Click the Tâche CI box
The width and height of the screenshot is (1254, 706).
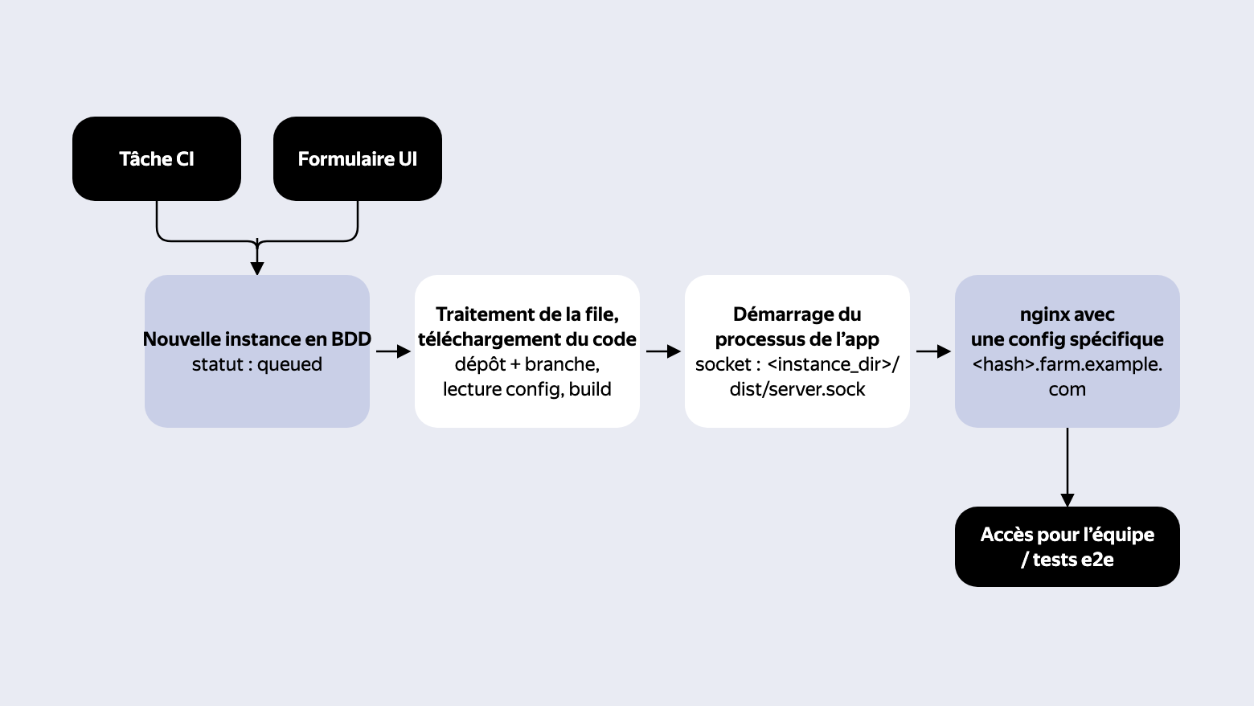click(x=157, y=158)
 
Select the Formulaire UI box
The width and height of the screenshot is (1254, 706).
click(x=358, y=158)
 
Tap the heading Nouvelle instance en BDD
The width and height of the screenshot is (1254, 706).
click(x=257, y=339)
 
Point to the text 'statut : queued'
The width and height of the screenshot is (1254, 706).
click(x=257, y=364)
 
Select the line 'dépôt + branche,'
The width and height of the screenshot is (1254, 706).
click(x=527, y=364)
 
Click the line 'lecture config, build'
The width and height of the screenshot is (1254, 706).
click(x=527, y=389)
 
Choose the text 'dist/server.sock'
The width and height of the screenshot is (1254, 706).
click(x=797, y=389)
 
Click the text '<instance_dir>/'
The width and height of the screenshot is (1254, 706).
click(x=833, y=364)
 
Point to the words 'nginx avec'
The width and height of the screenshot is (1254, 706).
click(x=1067, y=314)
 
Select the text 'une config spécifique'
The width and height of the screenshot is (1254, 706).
click(x=1067, y=339)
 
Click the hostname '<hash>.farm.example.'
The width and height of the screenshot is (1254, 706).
click(x=1067, y=364)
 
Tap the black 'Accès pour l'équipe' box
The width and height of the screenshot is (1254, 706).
click(x=1067, y=547)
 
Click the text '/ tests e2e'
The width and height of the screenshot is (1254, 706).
click(x=1067, y=560)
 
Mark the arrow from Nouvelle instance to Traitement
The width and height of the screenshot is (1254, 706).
click(x=394, y=351)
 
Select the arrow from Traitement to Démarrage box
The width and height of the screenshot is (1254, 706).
click(x=663, y=351)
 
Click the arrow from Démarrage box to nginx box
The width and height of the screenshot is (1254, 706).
click(x=933, y=351)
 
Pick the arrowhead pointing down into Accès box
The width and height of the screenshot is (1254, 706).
click(x=1067, y=500)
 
